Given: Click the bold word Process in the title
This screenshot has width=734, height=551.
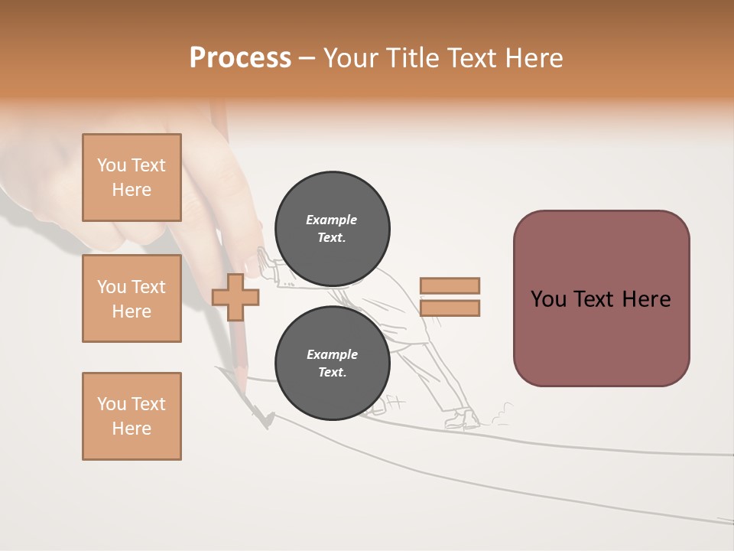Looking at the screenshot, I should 240,58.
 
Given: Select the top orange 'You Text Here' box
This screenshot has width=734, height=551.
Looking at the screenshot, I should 132,178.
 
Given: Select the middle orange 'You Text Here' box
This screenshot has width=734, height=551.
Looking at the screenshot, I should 132,298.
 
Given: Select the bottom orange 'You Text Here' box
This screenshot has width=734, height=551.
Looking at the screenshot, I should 132,416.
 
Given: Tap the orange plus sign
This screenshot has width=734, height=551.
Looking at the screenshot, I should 235,298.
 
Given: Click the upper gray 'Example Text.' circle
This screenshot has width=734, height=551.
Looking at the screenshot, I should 332,229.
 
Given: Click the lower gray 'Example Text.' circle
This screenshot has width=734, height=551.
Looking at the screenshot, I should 332,364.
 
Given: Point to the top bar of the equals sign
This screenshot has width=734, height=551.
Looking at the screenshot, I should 450,285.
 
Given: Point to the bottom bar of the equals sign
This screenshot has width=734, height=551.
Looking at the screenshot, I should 450,308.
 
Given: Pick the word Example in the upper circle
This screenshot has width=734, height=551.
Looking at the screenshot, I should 332,220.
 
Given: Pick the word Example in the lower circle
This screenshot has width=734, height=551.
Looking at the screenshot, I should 332,354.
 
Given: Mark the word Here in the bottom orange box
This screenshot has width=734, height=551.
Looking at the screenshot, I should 132,429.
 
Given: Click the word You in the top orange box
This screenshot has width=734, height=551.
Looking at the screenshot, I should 112,165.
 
